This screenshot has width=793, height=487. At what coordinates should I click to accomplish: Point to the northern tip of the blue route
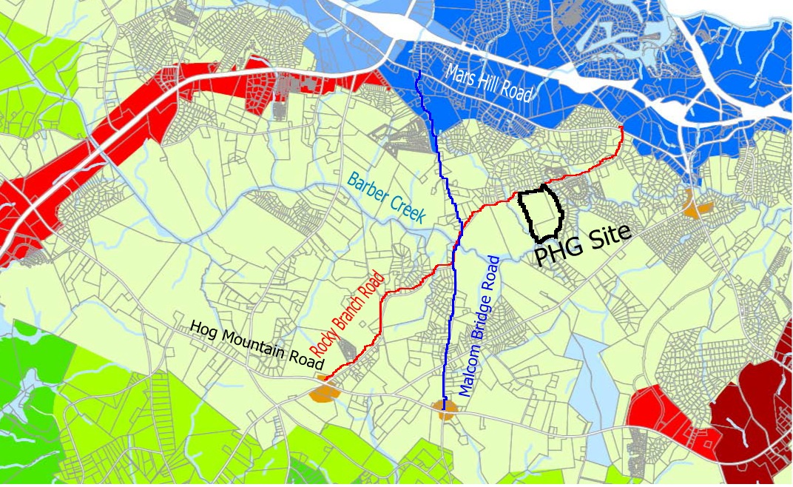419,72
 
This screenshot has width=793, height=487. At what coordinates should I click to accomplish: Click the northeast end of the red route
620,128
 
